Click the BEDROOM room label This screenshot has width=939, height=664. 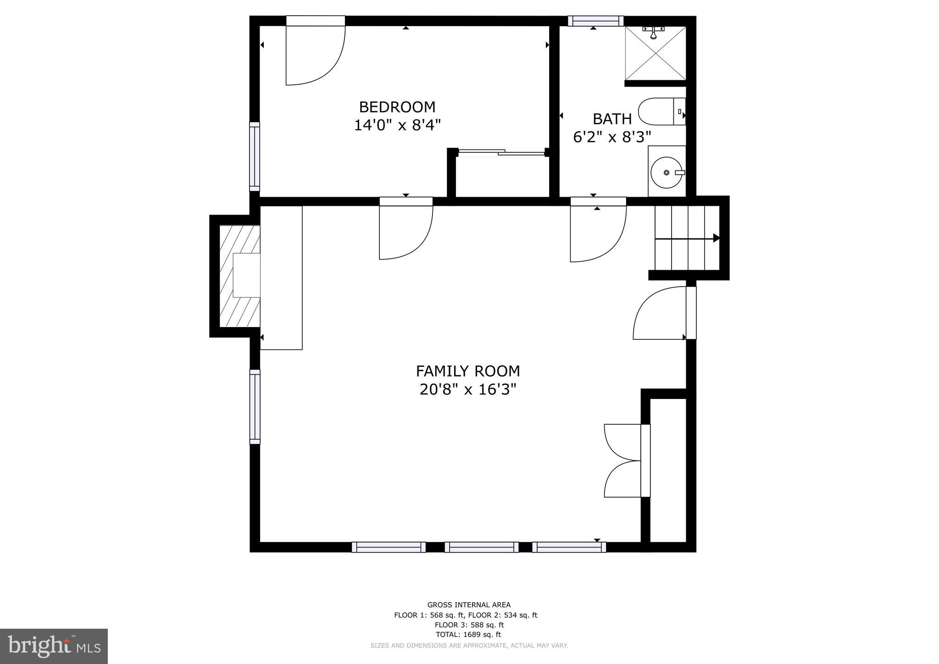397,107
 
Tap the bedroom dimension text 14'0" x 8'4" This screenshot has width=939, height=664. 397,125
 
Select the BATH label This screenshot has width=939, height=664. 612,119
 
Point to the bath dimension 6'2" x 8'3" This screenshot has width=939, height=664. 612,137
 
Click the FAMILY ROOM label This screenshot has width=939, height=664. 467,371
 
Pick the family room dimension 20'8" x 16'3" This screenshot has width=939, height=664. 467,390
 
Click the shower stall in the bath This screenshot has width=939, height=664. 656,54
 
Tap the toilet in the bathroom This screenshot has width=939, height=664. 661,111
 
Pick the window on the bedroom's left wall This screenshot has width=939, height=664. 255,156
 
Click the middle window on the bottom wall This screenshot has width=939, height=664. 481,547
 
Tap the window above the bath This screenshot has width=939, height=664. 595,21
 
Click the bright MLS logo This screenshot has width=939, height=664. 54,646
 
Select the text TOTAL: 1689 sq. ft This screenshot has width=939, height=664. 467,635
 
